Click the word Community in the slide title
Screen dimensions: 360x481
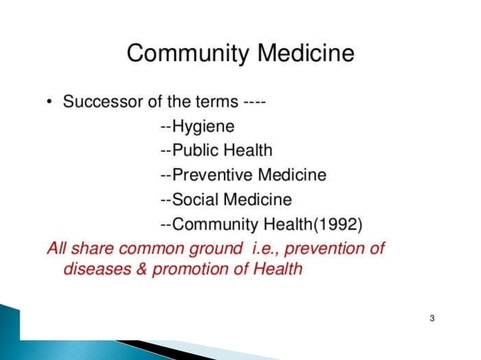[188, 54]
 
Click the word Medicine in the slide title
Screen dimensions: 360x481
[306, 54]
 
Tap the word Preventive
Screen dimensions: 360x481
[212, 175]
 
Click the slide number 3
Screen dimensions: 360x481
[432, 319]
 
